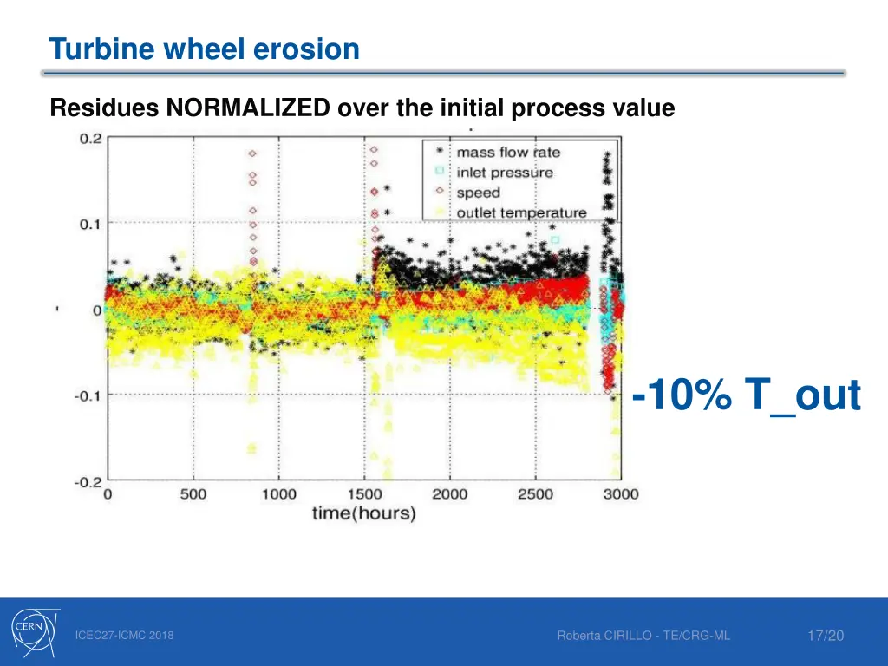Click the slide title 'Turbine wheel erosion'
[x=205, y=49]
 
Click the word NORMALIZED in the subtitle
[x=247, y=108]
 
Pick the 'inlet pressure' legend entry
[x=504, y=173]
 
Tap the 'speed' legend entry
[x=478, y=193]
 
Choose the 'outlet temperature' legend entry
[x=521, y=212]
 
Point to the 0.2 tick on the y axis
[x=91, y=138]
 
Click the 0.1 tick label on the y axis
[x=91, y=224]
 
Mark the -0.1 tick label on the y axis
[x=88, y=395]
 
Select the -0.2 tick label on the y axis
[x=88, y=481]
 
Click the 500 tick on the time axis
[x=193, y=494]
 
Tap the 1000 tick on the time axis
[x=278, y=494]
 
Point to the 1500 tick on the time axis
[x=364, y=494]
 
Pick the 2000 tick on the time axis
[x=450, y=494]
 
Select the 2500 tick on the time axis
[x=535, y=494]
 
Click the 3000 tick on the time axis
[x=620, y=494]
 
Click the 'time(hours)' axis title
[x=363, y=513]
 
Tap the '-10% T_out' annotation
[x=747, y=397]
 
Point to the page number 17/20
[x=825, y=637]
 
